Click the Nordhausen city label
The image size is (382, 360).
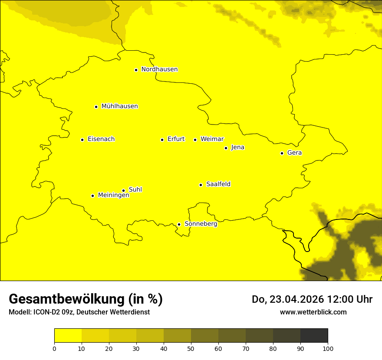(x=159, y=69)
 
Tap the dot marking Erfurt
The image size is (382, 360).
(x=162, y=140)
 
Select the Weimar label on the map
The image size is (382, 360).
(x=212, y=139)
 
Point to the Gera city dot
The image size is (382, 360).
(x=282, y=153)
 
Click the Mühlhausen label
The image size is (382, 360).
(x=119, y=106)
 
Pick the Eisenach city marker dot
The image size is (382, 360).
(x=82, y=140)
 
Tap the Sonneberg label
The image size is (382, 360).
(x=201, y=224)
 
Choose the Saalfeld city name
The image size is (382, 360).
(x=218, y=184)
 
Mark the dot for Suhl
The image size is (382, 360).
(x=123, y=190)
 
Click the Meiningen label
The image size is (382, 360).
(x=113, y=195)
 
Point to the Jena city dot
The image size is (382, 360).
(x=226, y=148)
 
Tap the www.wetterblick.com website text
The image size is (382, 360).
(x=313, y=312)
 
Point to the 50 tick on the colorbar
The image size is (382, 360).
(x=191, y=348)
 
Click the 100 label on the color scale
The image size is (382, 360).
(x=328, y=348)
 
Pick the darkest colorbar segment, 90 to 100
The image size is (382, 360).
(x=314, y=335)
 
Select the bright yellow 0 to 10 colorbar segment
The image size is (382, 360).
(x=68, y=335)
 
